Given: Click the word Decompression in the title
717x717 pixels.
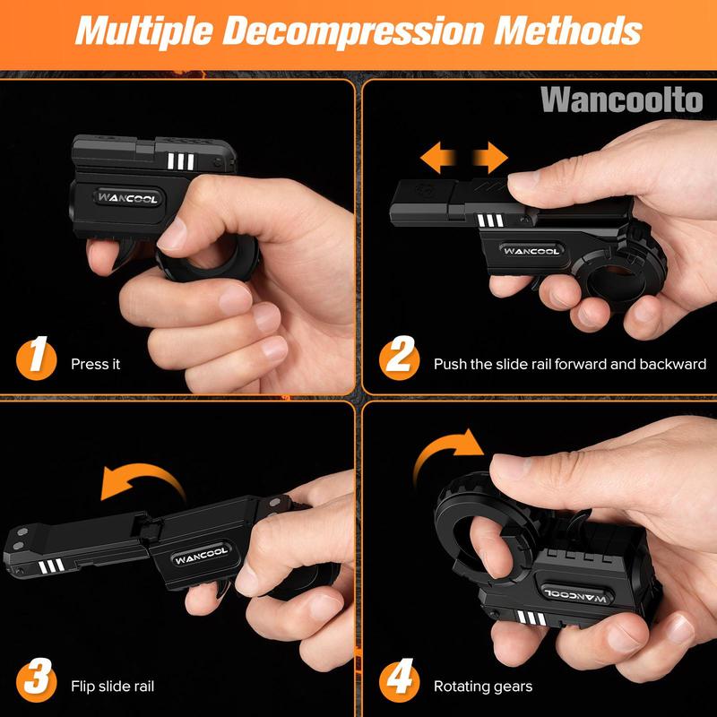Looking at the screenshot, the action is (x=352, y=31).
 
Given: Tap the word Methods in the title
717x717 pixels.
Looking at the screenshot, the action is (x=568, y=30).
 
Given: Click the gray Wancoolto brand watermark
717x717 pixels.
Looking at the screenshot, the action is (x=621, y=100).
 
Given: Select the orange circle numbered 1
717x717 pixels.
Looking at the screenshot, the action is (x=36, y=359).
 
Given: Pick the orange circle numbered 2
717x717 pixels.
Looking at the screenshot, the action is (x=399, y=359).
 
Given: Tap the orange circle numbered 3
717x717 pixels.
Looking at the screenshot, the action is (x=36, y=681).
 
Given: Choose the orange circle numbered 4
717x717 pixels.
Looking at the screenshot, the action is (x=399, y=681).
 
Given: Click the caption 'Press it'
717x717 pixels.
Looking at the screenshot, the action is (x=96, y=364).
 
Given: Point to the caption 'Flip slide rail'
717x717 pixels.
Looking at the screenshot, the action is (x=113, y=686).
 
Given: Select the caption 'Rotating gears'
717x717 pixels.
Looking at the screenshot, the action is (x=483, y=687).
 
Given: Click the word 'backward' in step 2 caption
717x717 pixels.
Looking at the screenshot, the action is (x=673, y=364).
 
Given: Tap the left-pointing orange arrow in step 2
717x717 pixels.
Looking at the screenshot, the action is (x=438, y=158).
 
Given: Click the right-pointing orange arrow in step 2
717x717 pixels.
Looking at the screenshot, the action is (x=490, y=158).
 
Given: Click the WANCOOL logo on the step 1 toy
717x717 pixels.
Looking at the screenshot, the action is (x=127, y=198).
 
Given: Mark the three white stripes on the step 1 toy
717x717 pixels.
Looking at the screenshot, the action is (x=181, y=161).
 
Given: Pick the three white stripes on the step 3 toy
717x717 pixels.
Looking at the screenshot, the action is (x=51, y=566).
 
